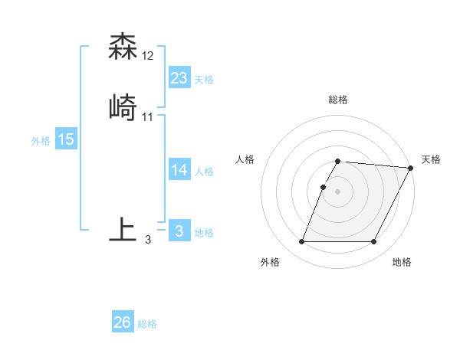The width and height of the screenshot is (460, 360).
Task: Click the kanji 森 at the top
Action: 123,47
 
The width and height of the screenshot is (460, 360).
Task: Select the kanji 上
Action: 123,231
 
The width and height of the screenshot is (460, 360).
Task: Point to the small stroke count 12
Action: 148,56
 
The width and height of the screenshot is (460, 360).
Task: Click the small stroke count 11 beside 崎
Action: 148,116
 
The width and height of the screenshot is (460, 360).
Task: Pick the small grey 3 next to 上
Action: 148,240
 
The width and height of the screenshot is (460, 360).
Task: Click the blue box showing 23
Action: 179,78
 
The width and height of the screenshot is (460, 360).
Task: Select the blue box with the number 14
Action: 179,170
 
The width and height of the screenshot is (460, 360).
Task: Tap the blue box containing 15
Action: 66,139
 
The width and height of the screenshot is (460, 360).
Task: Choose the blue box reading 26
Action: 123,322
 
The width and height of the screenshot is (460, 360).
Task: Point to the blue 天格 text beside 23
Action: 204,80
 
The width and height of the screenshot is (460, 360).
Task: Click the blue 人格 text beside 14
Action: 204,172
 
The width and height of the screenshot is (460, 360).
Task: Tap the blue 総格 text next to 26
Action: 147,324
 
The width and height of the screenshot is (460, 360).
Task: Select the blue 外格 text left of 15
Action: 41,141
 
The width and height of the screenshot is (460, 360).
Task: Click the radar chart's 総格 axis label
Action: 338,100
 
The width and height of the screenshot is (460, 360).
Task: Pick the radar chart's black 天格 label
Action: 431,159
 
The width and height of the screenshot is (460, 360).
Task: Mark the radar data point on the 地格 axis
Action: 374,242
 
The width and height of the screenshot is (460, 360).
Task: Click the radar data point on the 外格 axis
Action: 301,242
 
